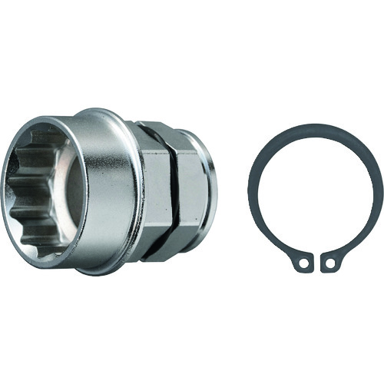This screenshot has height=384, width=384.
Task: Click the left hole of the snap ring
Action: pyautogui.click(x=303, y=263)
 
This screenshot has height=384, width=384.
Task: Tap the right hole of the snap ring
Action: pyautogui.click(x=330, y=263)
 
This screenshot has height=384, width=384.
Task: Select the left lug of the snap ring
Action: pyautogui.click(x=303, y=263)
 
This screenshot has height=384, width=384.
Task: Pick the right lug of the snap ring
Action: pyautogui.click(x=331, y=263)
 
